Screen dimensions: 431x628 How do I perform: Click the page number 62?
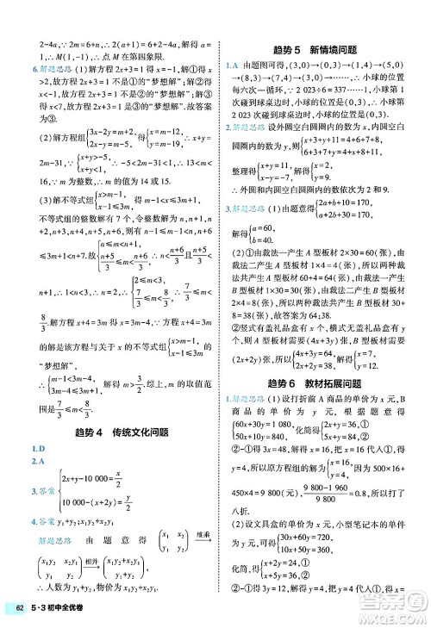click(x=17, y=611)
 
